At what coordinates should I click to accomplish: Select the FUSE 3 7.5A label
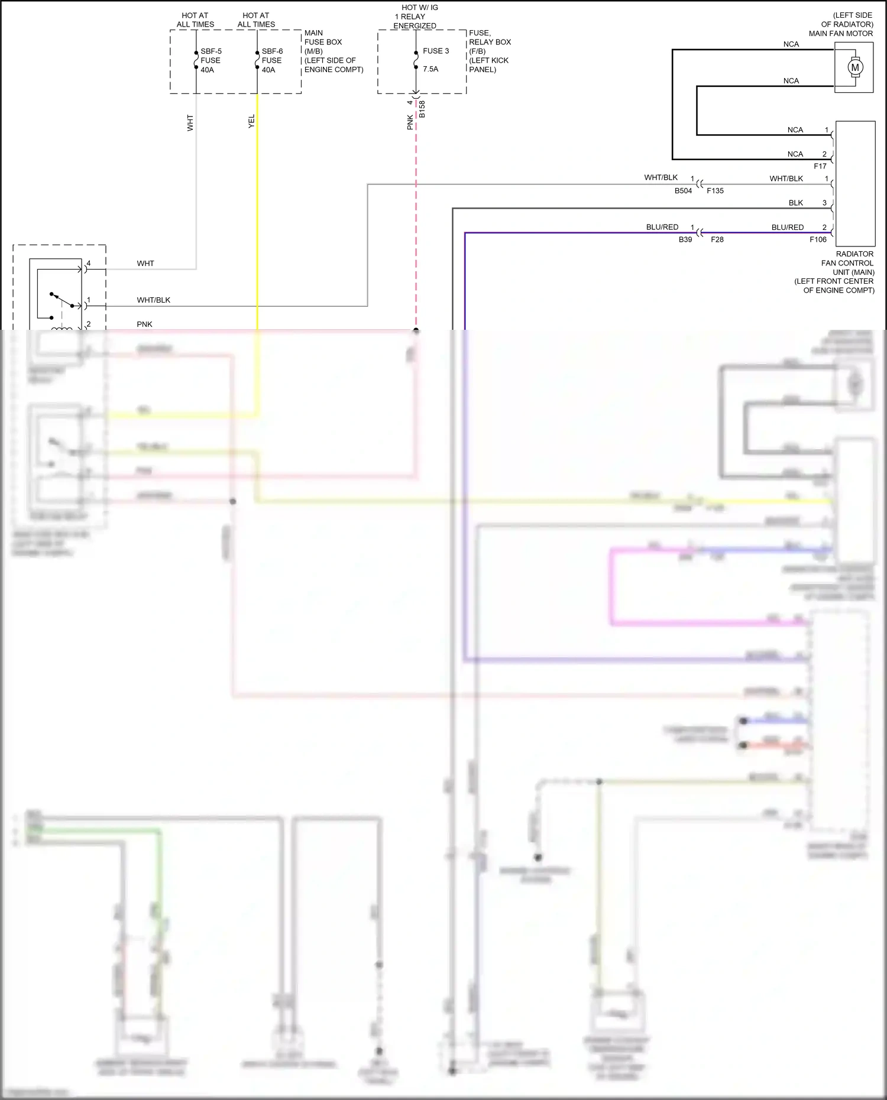point(435,60)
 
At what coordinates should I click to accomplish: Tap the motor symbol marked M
point(854,67)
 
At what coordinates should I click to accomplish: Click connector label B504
point(683,191)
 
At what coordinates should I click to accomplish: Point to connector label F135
point(715,191)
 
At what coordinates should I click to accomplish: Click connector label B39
point(685,239)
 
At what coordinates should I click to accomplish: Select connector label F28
point(717,239)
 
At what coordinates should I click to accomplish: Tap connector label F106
point(818,239)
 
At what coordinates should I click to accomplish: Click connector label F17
point(820,166)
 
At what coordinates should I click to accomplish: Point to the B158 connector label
point(422,109)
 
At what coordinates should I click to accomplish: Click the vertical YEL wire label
point(251,121)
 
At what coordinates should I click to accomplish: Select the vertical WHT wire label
point(190,123)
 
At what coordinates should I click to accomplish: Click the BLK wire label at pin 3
point(795,203)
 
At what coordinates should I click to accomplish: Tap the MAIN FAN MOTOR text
point(840,34)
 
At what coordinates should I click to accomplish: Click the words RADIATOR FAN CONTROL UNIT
point(847,263)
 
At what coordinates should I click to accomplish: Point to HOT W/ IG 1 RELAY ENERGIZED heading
point(415,17)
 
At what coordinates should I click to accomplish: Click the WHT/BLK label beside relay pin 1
point(153,300)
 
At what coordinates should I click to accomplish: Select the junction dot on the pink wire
point(416,330)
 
